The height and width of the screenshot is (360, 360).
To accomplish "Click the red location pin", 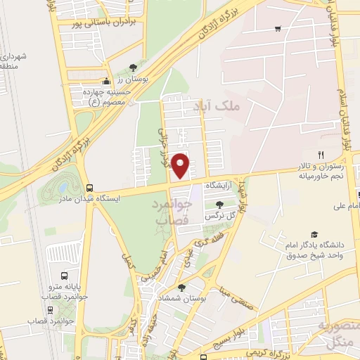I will point(181,165).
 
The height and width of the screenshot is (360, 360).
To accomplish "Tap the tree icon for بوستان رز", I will point(133,68).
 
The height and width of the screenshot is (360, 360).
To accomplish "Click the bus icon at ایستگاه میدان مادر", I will point(89,188).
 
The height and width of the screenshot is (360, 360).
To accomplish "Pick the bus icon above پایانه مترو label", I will point(65,276).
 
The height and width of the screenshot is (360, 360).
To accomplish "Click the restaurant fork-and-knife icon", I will point(321,155).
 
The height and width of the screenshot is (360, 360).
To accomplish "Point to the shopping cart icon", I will point(278,29).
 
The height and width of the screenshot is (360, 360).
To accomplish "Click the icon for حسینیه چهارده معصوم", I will point(106,80).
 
